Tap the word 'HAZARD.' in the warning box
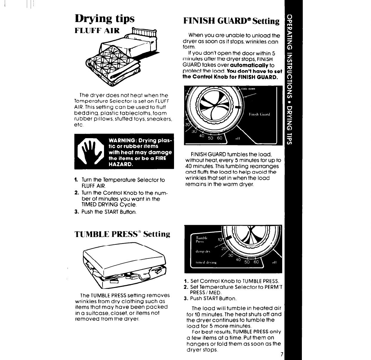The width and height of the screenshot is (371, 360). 121,164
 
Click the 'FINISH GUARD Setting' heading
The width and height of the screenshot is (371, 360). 231,21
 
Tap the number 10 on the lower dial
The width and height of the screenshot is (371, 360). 220,240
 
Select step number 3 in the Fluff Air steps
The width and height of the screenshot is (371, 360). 76,212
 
